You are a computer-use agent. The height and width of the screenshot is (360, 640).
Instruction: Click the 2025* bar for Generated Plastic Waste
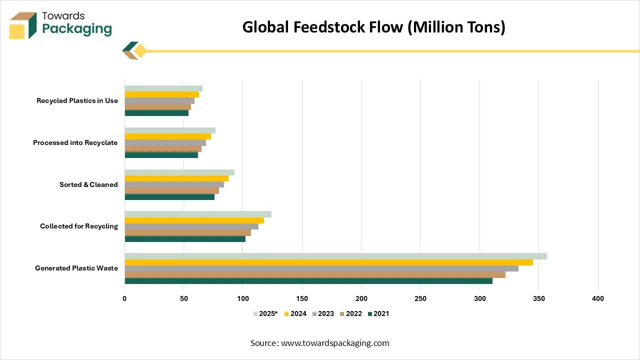[x=335, y=256]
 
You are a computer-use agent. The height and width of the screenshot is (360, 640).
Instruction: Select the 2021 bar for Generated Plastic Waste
[x=308, y=281]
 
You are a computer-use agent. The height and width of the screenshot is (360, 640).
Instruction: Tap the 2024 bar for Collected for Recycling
[x=194, y=220]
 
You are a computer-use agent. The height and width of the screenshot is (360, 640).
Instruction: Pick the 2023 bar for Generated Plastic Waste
[x=321, y=268]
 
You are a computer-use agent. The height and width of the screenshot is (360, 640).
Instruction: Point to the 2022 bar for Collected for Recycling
[x=187, y=232]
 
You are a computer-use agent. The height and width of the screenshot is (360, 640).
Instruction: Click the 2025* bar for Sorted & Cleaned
[x=179, y=172]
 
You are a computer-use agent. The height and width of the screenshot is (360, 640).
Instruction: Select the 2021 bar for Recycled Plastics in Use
[x=156, y=113]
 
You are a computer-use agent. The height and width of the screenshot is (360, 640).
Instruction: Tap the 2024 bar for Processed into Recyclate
[x=167, y=136]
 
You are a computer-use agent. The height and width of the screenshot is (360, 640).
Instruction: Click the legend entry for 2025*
[x=265, y=313]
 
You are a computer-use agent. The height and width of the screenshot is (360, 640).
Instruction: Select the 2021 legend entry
[x=378, y=313]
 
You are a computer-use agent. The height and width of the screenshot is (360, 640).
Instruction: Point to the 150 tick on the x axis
[x=302, y=298]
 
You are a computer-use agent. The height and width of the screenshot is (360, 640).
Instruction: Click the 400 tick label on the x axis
[x=597, y=298]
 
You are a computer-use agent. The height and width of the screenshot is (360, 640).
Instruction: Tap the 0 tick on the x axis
[x=124, y=298]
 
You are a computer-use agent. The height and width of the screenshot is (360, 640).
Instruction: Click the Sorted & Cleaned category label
[x=88, y=184]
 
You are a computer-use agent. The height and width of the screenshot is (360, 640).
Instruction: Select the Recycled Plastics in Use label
[x=77, y=100]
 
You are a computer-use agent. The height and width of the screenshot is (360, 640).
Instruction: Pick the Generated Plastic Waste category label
[x=76, y=268]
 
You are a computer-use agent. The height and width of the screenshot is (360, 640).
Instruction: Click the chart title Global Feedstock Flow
[x=373, y=27]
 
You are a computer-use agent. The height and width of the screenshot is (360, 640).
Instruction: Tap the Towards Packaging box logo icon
[x=23, y=25]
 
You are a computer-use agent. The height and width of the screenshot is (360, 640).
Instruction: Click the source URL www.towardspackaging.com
[x=335, y=343]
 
